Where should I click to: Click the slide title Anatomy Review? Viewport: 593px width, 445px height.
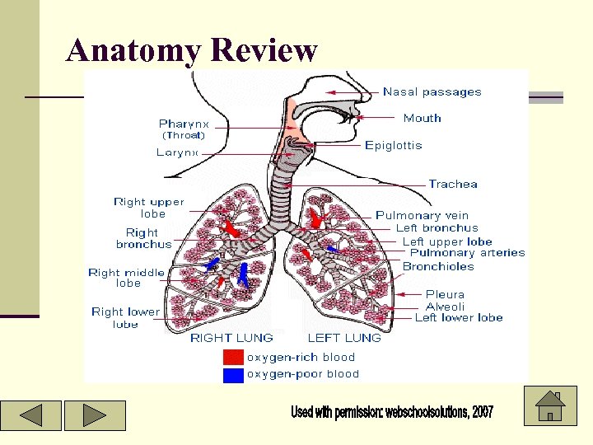click(191, 50)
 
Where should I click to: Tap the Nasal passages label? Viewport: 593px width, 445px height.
click(432, 92)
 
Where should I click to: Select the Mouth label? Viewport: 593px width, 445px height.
click(422, 118)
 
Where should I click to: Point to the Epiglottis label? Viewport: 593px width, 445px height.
click(393, 146)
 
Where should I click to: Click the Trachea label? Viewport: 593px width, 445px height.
click(452, 184)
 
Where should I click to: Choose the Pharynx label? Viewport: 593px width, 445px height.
click(184, 124)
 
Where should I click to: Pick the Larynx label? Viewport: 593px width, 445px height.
click(177, 152)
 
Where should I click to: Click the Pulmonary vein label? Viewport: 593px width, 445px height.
click(422, 216)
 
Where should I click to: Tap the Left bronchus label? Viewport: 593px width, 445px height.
click(437, 228)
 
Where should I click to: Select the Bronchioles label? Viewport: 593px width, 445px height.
click(438, 266)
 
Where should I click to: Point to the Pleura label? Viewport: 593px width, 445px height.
click(445, 294)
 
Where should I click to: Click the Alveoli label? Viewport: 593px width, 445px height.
click(445, 307)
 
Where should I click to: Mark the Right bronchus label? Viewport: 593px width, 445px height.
click(144, 238)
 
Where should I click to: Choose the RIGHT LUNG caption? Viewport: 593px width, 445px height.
click(231, 338)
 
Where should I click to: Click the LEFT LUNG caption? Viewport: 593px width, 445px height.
click(344, 338)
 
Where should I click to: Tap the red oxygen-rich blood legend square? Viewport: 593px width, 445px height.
click(234, 357)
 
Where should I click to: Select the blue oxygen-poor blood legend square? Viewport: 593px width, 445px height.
click(234, 374)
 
